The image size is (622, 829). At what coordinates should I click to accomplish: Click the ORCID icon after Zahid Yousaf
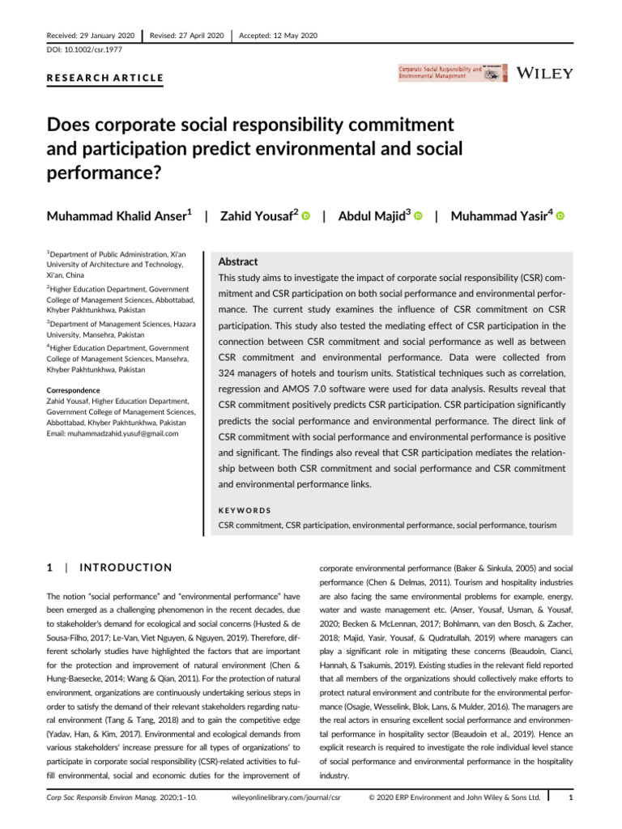[306, 216]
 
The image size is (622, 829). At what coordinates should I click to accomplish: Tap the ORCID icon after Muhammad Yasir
[560, 216]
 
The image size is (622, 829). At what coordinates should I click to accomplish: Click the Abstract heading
[239, 261]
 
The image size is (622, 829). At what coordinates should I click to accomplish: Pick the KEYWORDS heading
[245, 511]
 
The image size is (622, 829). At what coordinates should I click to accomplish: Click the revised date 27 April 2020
[187, 35]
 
